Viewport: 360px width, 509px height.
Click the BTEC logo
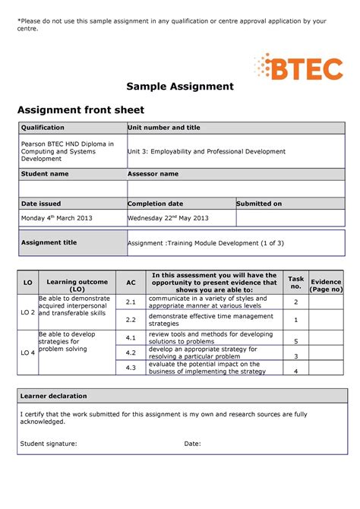coord(298,67)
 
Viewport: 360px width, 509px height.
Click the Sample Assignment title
coord(180,87)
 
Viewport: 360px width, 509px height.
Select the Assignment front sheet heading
coord(81,110)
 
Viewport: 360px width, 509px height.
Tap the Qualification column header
coord(43,128)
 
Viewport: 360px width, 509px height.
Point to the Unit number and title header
coord(164,128)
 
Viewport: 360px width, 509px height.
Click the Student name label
coord(45,174)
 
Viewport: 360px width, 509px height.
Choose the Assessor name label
coord(153,174)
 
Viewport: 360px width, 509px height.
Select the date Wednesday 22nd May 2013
coord(168,218)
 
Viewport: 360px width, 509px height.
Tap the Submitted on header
coord(259,204)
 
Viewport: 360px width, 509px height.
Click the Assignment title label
coord(49,242)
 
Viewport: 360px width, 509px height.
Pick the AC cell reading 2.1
coord(131,302)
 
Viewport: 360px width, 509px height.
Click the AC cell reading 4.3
coord(131,368)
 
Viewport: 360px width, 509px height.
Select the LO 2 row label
coord(28,311)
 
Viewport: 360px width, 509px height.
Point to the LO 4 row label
coord(28,353)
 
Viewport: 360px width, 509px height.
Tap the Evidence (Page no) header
coord(327,285)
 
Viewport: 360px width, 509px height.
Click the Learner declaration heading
coord(54,396)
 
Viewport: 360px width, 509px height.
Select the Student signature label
coord(49,444)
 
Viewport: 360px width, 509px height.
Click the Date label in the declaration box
coord(192,444)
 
